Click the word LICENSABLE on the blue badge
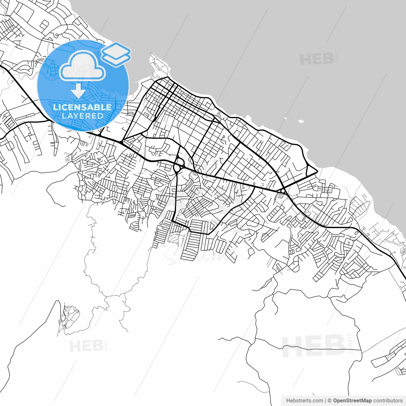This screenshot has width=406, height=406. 82,107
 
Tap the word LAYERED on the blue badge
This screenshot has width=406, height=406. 82,116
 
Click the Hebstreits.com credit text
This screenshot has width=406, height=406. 304,401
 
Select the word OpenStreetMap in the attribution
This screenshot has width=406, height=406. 352,401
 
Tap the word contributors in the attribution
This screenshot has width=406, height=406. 388,401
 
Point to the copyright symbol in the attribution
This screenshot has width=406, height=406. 330,401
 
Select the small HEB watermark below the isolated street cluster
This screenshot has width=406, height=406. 86,346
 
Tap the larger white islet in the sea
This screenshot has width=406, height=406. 301,121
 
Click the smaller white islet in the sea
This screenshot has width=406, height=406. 285,118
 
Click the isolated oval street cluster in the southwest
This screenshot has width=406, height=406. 70,316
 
